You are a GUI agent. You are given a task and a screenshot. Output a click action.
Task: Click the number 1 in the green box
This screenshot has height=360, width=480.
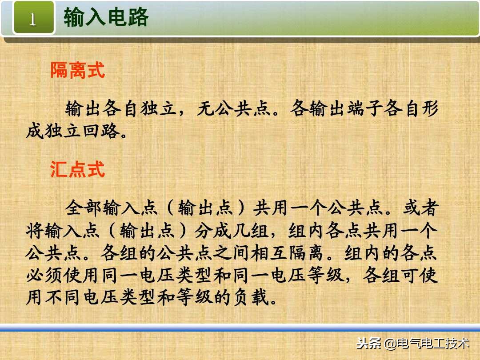32,19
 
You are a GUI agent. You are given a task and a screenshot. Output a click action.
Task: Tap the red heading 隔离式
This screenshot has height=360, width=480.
77,70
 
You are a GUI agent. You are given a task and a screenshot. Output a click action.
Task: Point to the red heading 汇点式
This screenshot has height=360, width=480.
77,169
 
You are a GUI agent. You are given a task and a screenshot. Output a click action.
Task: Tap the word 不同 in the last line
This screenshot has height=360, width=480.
63,298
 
